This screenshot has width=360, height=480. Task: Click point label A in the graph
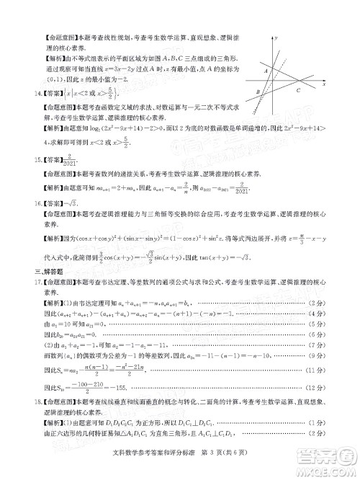(266, 71)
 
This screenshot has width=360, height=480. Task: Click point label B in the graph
(258, 92)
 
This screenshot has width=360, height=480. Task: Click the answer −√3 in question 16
(71, 204)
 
